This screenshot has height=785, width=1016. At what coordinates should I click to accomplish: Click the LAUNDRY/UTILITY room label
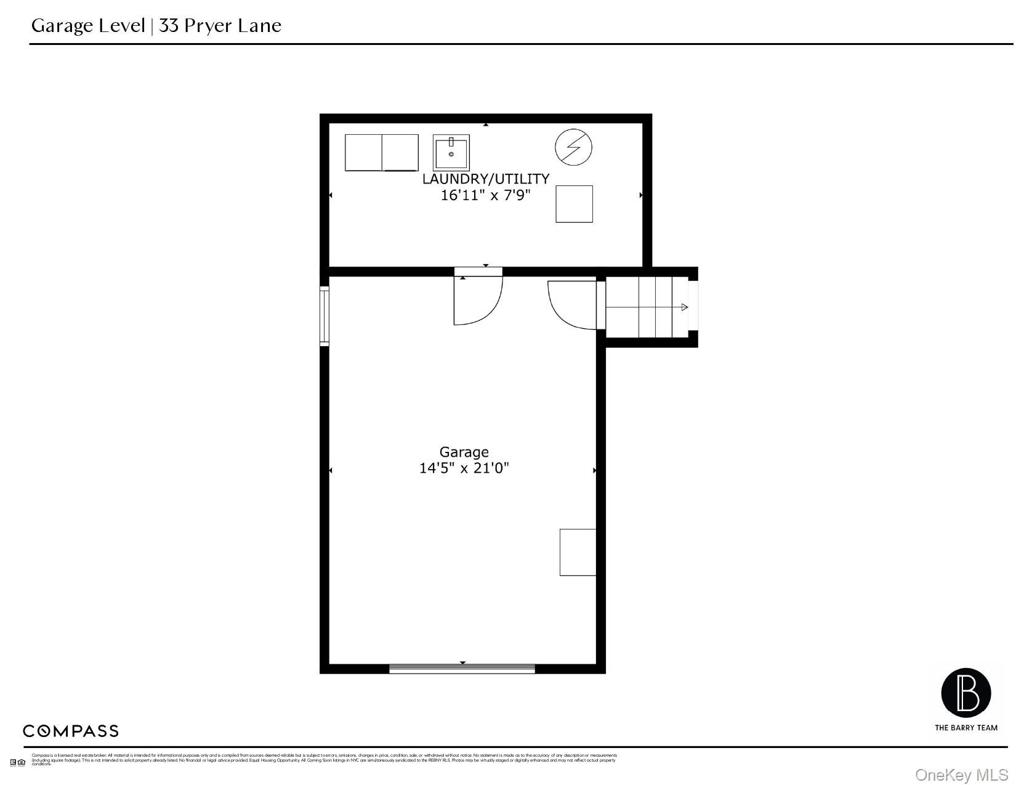point(485,179)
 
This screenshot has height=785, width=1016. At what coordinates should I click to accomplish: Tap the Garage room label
point(464,453)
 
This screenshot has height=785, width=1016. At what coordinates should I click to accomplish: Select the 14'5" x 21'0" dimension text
point(464,469)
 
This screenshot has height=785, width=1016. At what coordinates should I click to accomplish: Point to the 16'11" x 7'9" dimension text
point(485,196)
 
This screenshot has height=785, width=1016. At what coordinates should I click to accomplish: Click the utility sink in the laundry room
point(451,153)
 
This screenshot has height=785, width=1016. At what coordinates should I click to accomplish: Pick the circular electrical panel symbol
point(573,148)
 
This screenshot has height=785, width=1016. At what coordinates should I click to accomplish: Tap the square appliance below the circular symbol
point(574,204)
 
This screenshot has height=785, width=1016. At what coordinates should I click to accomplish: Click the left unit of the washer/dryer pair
point(363,153)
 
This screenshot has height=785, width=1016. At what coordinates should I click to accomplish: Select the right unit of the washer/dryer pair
point(400,153)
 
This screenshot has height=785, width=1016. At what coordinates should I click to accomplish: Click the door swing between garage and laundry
point(478,300)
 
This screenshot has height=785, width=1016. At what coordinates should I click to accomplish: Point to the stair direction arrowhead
point(685,307)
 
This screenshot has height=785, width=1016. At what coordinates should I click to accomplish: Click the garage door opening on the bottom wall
point(462,669)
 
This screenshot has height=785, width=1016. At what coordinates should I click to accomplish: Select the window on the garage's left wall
point(325,316)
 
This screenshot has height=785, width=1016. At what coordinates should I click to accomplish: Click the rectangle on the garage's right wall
point(578,552)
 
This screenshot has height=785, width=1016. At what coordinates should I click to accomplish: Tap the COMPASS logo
point(71,731)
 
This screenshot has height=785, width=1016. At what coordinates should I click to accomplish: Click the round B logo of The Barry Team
point(966,693)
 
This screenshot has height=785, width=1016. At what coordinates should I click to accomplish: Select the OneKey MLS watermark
point(961,775)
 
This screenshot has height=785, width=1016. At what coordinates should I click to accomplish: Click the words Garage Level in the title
point(88,26)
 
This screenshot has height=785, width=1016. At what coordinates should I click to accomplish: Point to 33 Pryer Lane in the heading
point(220,26)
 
